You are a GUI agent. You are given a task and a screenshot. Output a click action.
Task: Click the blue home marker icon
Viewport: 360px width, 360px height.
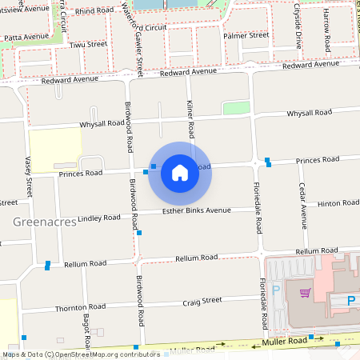(x=180, y=172)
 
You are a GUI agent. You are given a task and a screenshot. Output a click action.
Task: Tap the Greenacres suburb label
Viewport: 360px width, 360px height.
(x=44, y=221)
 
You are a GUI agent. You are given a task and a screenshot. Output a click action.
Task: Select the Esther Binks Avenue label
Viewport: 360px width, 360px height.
(x=196, y=210)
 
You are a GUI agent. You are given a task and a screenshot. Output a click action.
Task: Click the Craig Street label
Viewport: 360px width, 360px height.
(x=202, y=301)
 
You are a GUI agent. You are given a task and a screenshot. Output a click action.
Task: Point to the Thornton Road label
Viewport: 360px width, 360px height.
(x=80, y=307)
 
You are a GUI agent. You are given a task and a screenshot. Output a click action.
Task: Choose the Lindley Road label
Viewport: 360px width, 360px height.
(x=98, y=218)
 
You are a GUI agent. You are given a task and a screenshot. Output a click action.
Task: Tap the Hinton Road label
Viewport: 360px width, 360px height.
(x=338, y=204)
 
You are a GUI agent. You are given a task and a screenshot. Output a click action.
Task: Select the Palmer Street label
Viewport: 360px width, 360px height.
(x=246, y=35)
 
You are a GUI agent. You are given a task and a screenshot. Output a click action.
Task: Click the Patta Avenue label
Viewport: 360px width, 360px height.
(x=26, y=37)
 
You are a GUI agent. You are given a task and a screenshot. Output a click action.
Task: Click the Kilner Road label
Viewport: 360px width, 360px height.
(x=190, y=117)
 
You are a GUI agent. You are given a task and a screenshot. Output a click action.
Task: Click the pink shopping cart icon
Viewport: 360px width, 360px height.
(x=305, y=292)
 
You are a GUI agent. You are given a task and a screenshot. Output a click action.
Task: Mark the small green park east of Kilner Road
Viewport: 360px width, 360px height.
(x=236, y=107)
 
